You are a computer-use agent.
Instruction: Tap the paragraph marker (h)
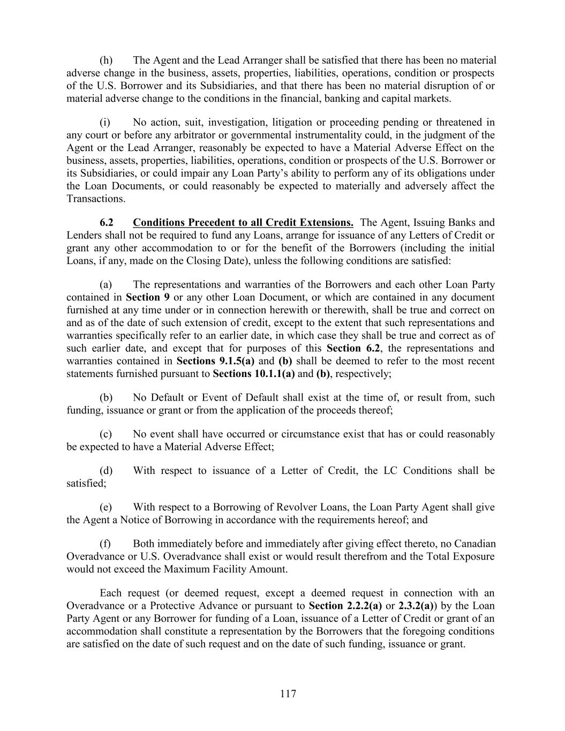point(106,60)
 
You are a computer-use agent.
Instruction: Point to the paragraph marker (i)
point(105,122)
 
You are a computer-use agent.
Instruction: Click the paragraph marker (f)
point(106,544)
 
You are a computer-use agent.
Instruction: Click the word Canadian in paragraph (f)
point(473,544)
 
